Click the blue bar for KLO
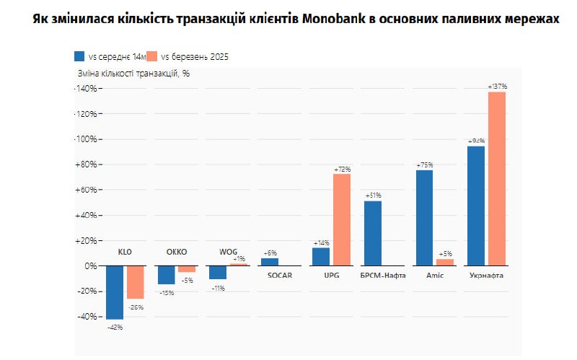(115, 292)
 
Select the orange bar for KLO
(135, 282)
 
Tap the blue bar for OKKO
(167, 275)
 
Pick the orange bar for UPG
(342, 219)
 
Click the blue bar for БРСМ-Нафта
(373, 233)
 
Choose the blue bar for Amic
(425, 218)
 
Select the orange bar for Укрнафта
(497, 178)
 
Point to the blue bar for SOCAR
(270, 262)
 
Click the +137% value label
(497, 87)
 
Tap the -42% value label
(115, 328)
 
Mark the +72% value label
(342, 169)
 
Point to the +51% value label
(373, 196)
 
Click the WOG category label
(228, 252)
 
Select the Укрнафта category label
(486, 276)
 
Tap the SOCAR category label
(280, 276)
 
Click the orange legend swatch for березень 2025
(151, 56)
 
